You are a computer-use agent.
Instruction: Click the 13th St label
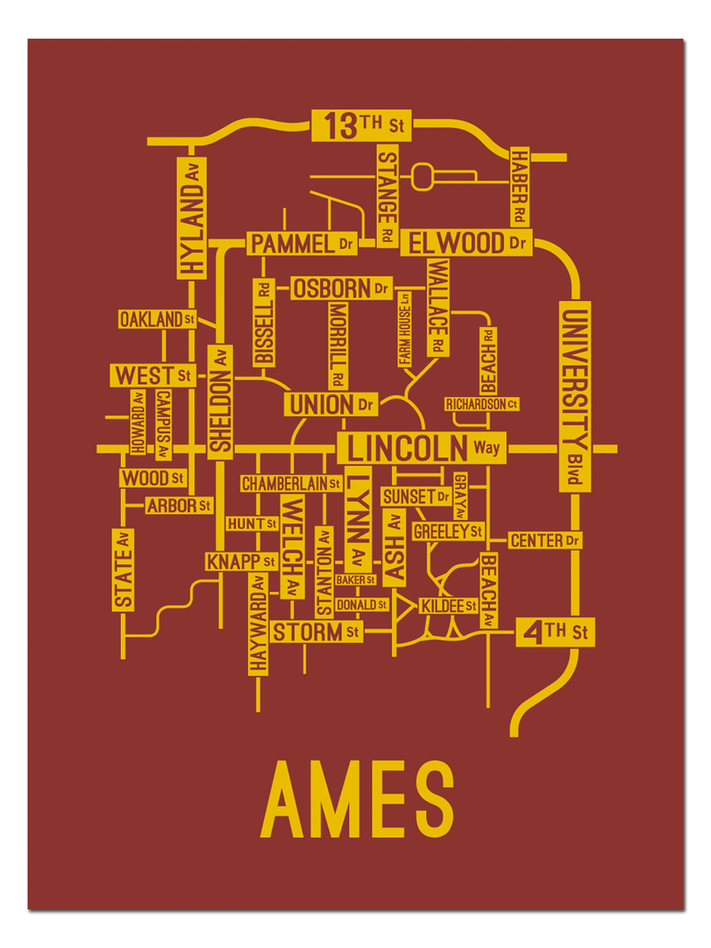click(363, 125)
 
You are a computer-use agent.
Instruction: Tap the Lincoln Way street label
click(421, 447)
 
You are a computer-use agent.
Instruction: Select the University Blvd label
click(574, 395)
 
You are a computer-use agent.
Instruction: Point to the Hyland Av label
click(191, 218)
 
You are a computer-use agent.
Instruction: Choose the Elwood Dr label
click(466, 242)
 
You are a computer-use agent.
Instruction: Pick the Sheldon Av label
click(220, 402)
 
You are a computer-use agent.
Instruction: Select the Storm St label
click(316, 632)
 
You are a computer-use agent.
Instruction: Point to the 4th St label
click(555, 633)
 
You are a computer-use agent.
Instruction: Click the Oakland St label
click(157, 319)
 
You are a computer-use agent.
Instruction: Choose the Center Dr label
click(545, 539)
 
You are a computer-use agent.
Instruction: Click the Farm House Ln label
click(404, 329)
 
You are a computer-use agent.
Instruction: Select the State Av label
click(124, 569)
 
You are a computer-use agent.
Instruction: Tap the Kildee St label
click(449, 605)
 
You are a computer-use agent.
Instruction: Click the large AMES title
click(356, 798)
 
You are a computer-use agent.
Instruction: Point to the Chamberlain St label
click(291, 483)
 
